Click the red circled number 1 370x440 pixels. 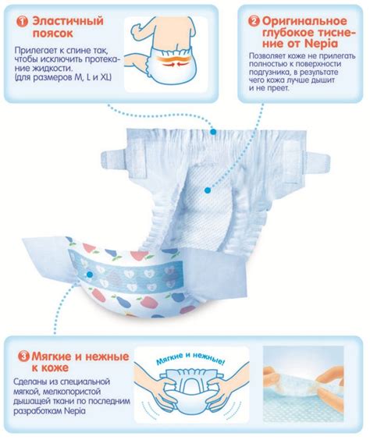pyautogui.click(x=22, y=22)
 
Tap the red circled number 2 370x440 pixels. pyautogui.click(x=254, y=21)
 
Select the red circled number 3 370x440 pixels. pyautogui.click(x=23, y=357)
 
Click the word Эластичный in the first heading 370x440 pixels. pyautogui.click(x=68, y=21)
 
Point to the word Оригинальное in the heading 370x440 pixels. pyautogui.click(x=304, y=21)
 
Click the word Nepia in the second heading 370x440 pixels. pyautogui.click(x=322, y=44)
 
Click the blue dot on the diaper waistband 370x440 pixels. pyautogui.click(x=213, y=131)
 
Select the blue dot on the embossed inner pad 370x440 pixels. pyautogui.click(x=208, y=190)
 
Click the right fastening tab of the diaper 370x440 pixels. pyautogui.click(x=318, y=164)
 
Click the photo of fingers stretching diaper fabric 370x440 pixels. pyautogui.click(x=304, y=384)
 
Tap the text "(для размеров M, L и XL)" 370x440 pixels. pyautogui.click(x=63, y=77)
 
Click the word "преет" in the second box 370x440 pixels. pyautogui.click(x=278, y=88)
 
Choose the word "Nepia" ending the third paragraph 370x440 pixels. pyautogui.click(x=75, y=411)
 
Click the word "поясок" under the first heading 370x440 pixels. pyautogui.click(x=53, y=33)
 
